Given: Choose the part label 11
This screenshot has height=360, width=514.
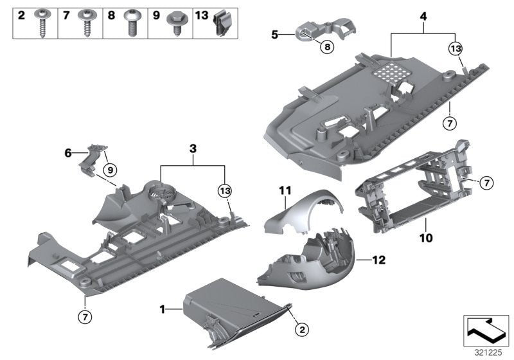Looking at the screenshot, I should [285, 189].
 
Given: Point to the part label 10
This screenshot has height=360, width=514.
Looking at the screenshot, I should [425, 237].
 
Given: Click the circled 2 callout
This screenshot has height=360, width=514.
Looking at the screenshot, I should [299, 329].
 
